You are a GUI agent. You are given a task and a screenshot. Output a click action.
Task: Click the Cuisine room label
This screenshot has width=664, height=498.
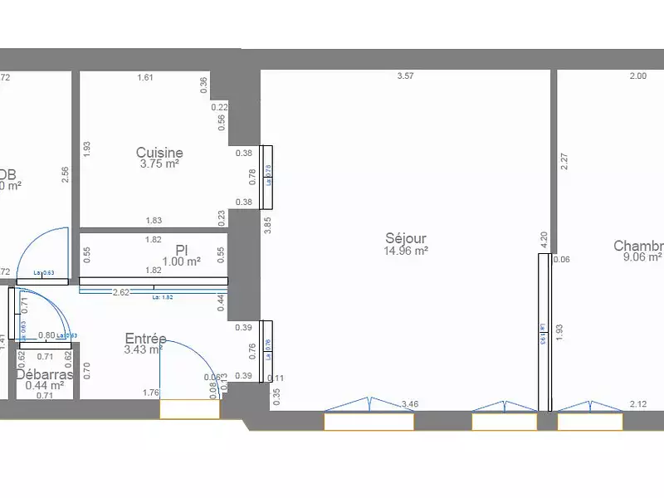[159, 153]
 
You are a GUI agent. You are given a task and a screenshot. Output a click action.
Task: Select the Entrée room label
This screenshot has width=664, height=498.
[145, 339]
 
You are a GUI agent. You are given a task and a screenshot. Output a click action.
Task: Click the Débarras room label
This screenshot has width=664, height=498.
[45, 374]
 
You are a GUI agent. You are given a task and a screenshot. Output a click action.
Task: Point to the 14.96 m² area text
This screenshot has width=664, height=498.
[406, 251]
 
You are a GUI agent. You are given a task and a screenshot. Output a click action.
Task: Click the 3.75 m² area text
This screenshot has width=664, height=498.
[159, 164]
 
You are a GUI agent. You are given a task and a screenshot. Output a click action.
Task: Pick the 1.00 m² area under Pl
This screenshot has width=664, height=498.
[182, 261]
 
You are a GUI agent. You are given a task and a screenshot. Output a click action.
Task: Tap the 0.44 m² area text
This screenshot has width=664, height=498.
[45, 385]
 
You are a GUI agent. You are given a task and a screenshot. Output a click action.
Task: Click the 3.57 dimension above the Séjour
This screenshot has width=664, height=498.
[405, 76]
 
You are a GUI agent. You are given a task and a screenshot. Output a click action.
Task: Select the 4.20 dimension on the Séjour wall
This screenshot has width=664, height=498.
[544, 240]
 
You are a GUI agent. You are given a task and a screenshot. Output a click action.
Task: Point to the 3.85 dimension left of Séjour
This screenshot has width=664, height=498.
[267, 225]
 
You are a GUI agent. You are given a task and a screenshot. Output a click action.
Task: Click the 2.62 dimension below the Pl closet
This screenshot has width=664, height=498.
[120, 292]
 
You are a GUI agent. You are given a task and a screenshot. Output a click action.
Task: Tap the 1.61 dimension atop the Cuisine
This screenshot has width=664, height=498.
[145, 78]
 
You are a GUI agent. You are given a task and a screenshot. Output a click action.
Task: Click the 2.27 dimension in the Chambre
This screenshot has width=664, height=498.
[564, 162]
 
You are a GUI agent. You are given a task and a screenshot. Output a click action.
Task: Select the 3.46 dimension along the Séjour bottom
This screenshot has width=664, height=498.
[409, 404]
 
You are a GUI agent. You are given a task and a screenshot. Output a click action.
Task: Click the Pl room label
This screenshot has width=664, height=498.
[182, 250]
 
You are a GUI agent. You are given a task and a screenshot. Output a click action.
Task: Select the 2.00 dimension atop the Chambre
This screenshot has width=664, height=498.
[637, 76]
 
